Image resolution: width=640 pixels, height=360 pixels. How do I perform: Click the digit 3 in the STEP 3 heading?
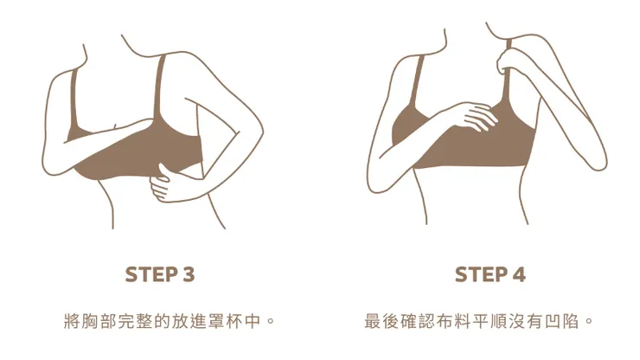pyautogui.click(x=189, y=274)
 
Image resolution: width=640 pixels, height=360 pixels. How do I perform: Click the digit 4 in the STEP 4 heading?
pyautogui.click(x=519, y=274)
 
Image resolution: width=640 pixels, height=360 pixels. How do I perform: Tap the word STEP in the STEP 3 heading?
pyautogui.click(x=150, y=274)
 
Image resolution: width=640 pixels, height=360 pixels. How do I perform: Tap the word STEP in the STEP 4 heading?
pyautogui.click(x=480, y=274)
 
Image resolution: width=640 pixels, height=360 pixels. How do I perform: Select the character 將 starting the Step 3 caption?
pyautogui.click(x=73, y=321)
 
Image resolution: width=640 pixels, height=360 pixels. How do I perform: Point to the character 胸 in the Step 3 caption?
pyautogui.click(x=90, y=321)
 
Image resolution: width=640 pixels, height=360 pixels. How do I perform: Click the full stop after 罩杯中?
pyautogui.click(x=270, y=320)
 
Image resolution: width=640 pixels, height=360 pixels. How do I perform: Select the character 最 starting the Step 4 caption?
pyautogui.click(x=373, y=321)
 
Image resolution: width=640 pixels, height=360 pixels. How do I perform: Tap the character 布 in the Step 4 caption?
pyautogui.click(x=445, y=321)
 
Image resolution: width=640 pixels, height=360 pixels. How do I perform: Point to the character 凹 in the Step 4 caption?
pyautogui.click(x=553, y=321)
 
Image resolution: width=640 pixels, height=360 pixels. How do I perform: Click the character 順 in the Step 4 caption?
pyautogui.click(x=498, y=321)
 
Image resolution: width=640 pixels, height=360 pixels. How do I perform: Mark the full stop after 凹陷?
pyautogui.click(x=588, y=320)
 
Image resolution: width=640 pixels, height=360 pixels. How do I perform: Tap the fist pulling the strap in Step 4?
pyautogui.click(x=509, y=61)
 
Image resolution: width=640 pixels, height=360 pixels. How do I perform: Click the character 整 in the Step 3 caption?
pyautogui.click(x=144, y=321)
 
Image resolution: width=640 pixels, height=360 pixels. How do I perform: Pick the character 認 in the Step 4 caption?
pyautogui.click(x=426, y=321)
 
